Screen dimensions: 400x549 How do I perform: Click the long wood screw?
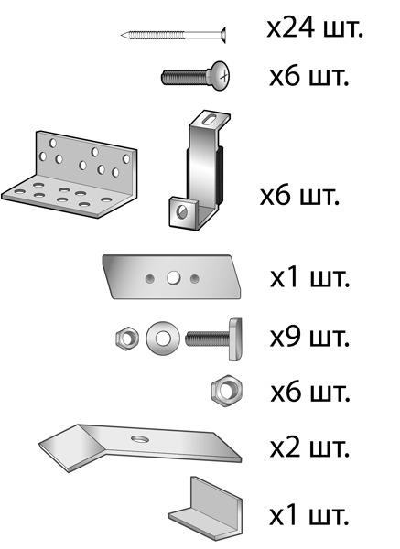pyautogui.click(x=173, y=35)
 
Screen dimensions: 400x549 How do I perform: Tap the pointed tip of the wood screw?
pyautogui.click(x=121, y=35)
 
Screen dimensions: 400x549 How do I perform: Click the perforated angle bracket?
pyautogui.click(x=70, y=174)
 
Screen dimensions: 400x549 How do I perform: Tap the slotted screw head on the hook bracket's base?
pyautogui.click(x=182, y=211)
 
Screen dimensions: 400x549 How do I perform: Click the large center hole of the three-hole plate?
pyautogui.click(x=173, y=278)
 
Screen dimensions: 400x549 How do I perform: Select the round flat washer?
pyautogui.click(x=163, y=338)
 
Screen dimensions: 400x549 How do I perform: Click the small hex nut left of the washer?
pyautogui.click(x=127, y=339)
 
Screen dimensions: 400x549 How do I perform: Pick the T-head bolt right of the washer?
pyautogui.click(x=213, y=339)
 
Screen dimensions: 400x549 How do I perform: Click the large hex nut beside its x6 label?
pyautogui.click(x=227, y=391)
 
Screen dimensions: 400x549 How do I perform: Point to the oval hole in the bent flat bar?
pyautogui.click(x=140, y=438)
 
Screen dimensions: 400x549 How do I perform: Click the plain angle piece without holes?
pyautogui.click(x=205, y=506)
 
